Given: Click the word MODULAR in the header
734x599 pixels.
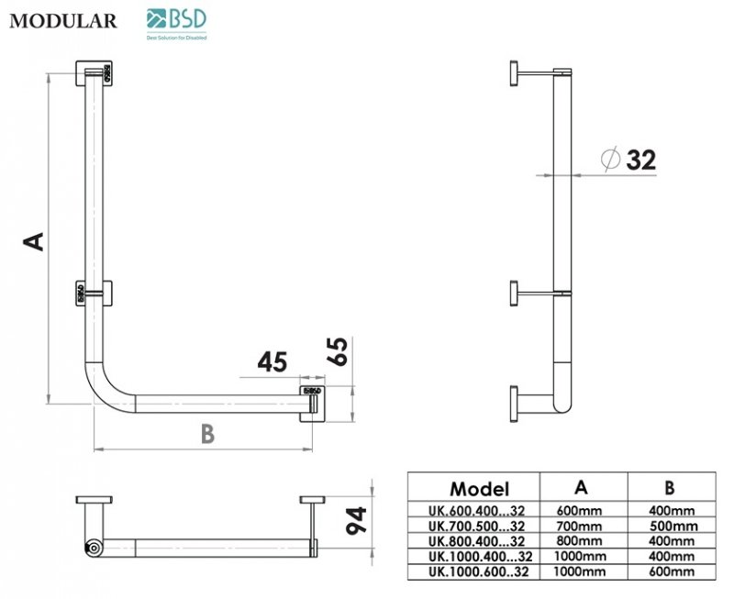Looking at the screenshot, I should coord(63,21).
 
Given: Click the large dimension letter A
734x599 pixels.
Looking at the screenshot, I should coord(33,240).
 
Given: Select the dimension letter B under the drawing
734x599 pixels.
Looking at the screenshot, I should coord(207,434).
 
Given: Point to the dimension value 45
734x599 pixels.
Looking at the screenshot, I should coord(272,362).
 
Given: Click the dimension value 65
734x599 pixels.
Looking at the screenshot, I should coord(338,350).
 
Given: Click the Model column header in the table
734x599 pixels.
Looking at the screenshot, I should coord(479,489).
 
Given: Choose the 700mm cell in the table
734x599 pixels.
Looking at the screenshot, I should coord(580,526).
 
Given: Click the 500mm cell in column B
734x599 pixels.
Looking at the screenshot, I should coord(673,526).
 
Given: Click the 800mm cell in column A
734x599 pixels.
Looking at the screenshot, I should coord(580,540).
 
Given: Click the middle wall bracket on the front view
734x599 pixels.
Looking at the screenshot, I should coord(95,293).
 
